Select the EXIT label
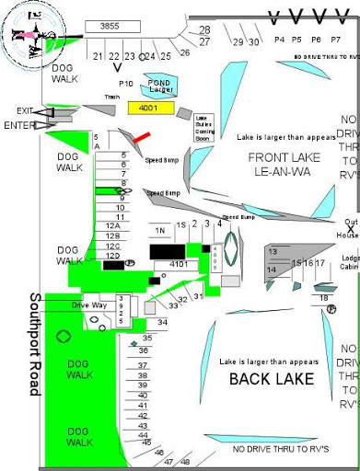[25, 110]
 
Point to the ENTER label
[20, 125]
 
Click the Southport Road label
[34, 357]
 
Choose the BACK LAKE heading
[272, 379]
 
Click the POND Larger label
[161, 86]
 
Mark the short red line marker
[141, 138]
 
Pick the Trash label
[112, 97]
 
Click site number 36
[144, 350]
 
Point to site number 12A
[113, 226]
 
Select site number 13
[272, 251]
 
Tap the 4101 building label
[180, 264]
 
